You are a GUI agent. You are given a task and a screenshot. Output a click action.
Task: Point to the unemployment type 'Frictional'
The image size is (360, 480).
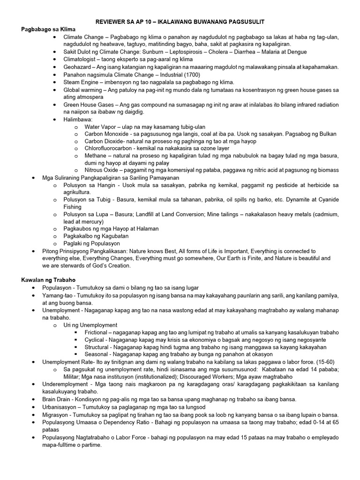tap(96, 332)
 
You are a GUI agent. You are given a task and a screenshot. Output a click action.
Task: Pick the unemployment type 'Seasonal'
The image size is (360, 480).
tap(96, 354)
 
